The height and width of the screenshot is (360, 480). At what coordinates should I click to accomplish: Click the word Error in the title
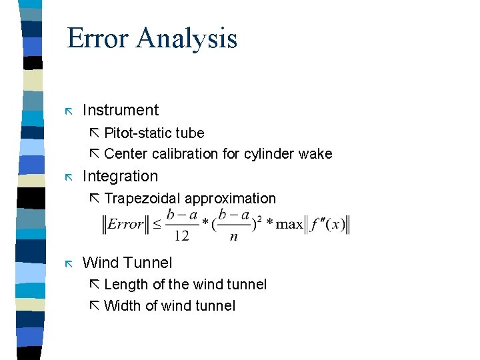(x=99, y=38)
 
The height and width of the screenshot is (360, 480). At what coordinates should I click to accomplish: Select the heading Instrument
(x=120, y=110)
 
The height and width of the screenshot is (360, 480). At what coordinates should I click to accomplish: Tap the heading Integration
(x=120, y=176)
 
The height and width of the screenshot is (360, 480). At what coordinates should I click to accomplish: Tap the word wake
(x=315, y=154)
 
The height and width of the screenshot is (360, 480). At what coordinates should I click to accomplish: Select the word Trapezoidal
(x=143, y=199)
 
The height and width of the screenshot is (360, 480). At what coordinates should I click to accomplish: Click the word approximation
(x=230, y=199)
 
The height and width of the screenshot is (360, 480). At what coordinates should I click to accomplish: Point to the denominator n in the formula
(x=233, y=236)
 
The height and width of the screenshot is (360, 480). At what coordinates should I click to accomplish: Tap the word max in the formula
(x=289, y=224)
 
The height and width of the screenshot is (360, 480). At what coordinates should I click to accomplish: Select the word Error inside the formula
(x=126, y=224)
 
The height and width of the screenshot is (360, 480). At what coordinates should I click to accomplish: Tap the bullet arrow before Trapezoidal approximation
(x=94, y=199)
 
